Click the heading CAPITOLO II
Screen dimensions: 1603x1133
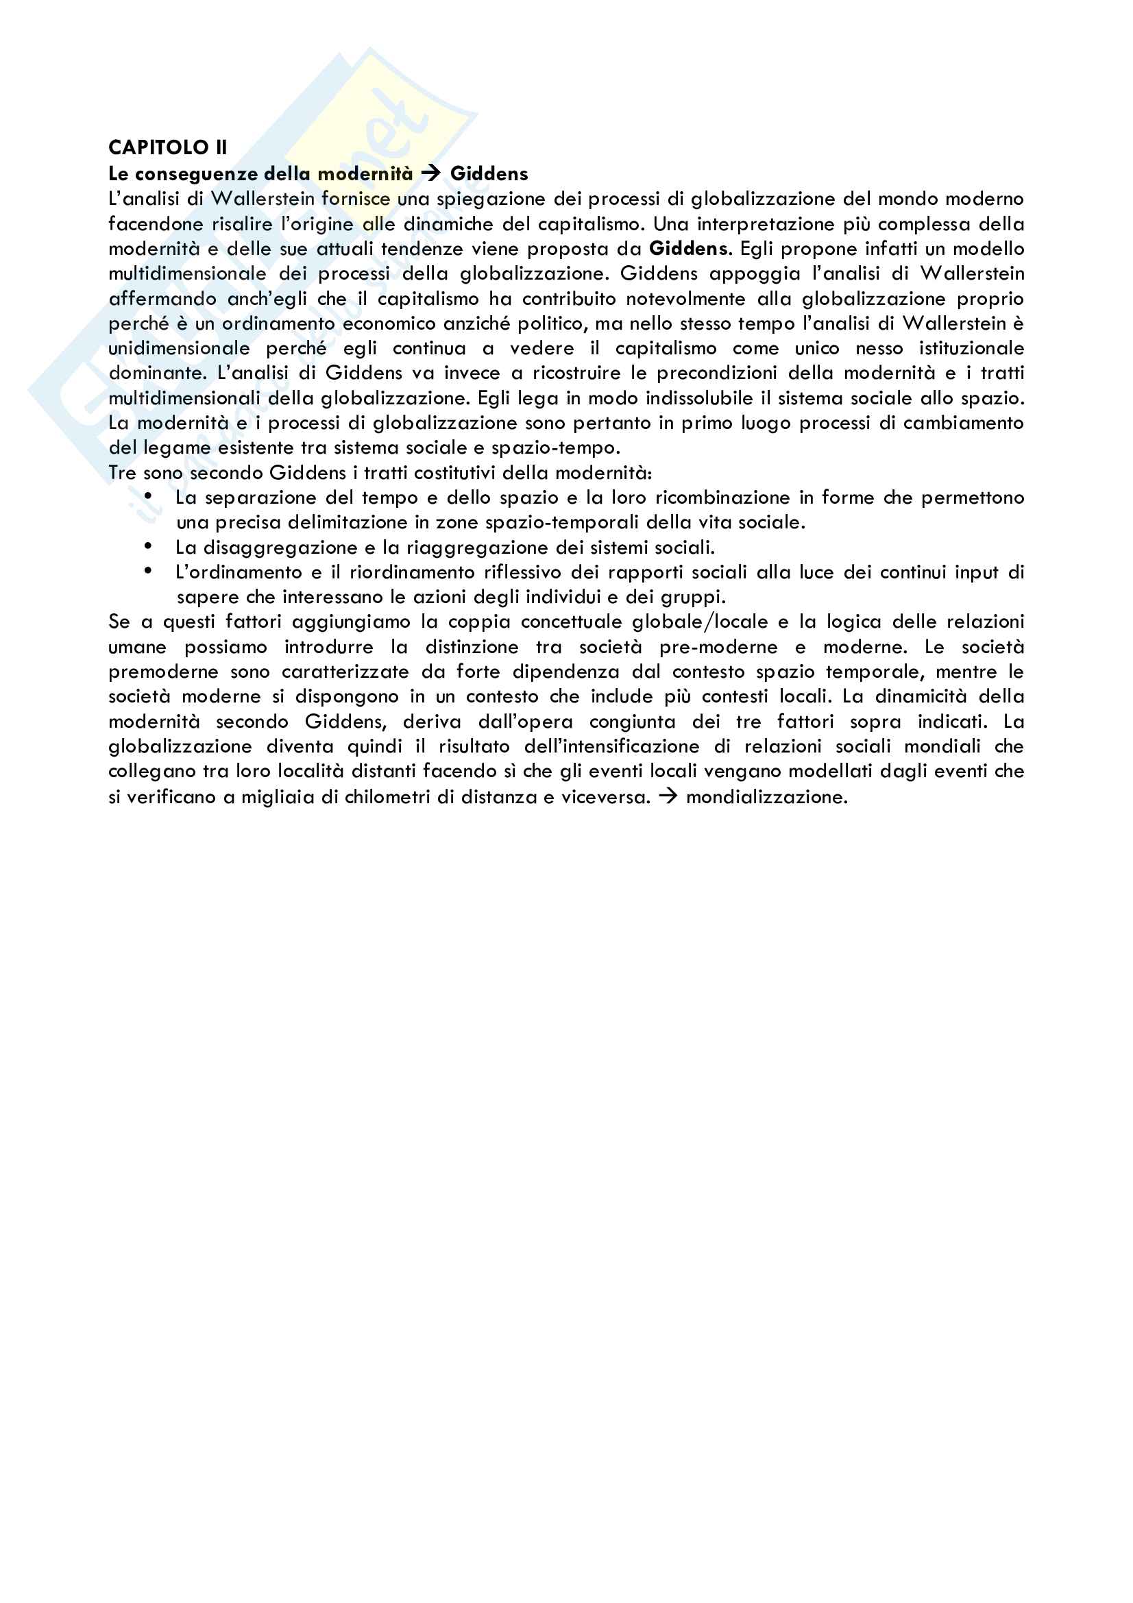pos(167,147)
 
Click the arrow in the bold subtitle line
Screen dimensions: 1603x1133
pos(431,173)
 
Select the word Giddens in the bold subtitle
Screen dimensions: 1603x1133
pos(489,173)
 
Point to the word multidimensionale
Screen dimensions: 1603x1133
pos(187,273)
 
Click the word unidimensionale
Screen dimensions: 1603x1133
pos(179,348)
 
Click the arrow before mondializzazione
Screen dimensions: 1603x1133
pos(668,796)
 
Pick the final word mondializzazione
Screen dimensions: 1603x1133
pos(766,796)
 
